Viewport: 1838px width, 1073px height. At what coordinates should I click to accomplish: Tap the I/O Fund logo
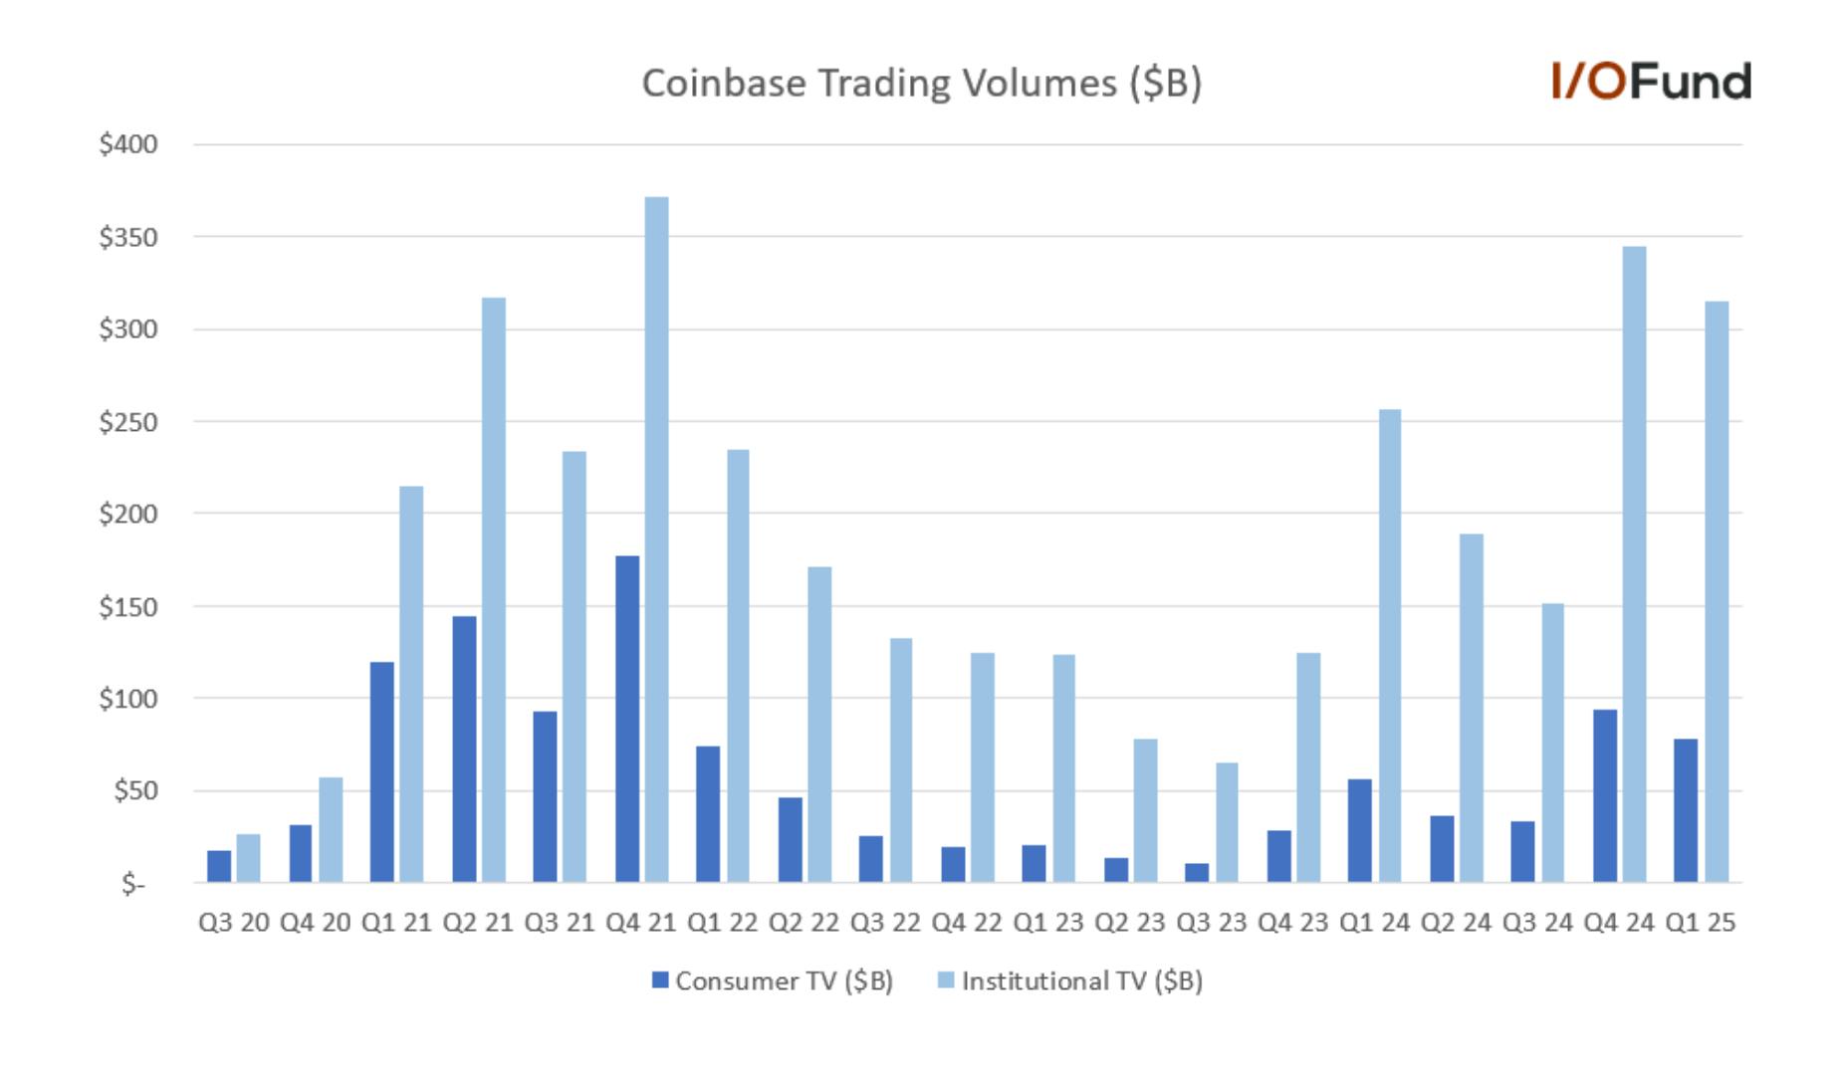click(x=1651, y=81)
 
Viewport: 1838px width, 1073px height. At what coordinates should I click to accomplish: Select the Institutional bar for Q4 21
click(x=657, y=539)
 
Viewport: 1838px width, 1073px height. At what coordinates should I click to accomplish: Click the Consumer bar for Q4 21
click(x=627, y=719)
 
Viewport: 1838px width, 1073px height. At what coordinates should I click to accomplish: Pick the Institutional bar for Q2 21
click(x=494, y=590)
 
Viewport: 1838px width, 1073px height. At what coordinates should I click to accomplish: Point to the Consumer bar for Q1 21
click(x=381, y=772)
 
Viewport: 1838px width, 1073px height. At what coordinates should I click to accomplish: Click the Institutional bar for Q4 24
click(x=1635, y=564)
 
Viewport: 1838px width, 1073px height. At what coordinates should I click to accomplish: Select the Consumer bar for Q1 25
click(x=1686, y=810)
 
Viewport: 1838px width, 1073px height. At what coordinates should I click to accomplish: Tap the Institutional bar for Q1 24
click(x=1390, y=646)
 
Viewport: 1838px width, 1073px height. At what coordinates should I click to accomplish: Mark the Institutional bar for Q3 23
click(x=1227, y=822)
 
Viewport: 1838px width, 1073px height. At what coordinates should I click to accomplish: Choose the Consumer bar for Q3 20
click(x=219, y=867)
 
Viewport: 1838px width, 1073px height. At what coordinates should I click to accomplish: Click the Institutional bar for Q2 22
click(x=819, y=725)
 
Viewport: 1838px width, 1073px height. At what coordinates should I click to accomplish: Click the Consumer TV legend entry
click(x=773, y=981)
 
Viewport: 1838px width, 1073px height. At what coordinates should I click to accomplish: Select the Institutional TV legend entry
click(x=1070, y=981)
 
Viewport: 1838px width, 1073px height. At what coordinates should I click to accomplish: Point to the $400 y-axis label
click(x=128, y=144)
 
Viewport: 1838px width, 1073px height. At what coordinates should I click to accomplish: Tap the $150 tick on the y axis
click(x=128, y=606)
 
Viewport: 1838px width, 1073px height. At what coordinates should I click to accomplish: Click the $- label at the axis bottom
click(x=133, y=883)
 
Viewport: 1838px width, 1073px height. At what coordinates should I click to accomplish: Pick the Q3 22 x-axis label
click(x=885, y=923)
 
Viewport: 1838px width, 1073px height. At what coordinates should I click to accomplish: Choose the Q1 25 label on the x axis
click(x=1701, y=923)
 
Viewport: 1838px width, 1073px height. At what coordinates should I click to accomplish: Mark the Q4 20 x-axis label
click(x=316, y=923)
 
